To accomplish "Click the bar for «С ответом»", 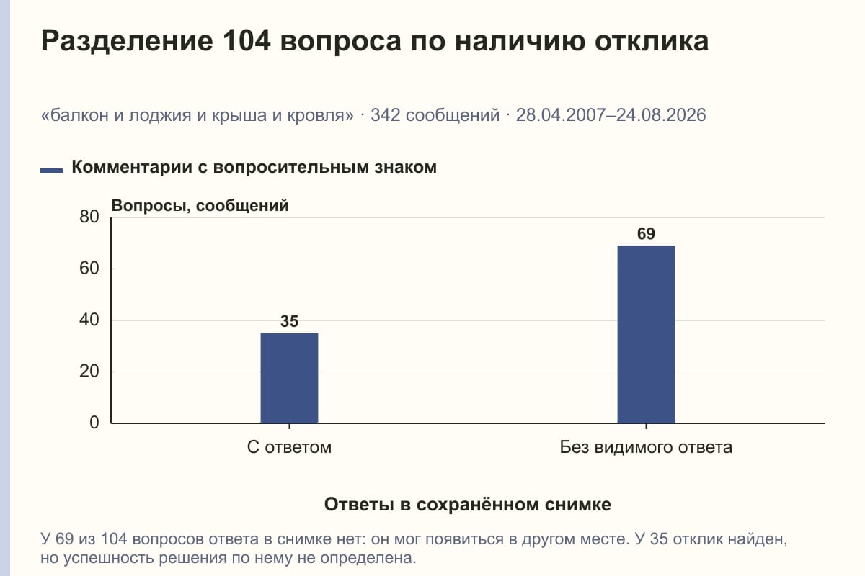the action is click(289, 378).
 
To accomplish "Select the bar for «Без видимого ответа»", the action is click(646, 335).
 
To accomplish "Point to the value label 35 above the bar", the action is click(289, 321).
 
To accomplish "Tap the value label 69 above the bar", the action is click(646, 234).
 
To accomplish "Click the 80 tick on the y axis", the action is click(89, 217).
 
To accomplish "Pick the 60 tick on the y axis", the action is click(89, 269).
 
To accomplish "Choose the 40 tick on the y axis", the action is click(89, 320).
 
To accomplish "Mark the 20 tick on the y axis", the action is click(89, 372).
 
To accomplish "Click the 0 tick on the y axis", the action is click(94, 423).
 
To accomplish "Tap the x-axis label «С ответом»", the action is click(289, 448).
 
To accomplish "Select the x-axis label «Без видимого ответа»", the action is click(646, 448).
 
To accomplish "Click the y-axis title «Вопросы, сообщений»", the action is click(200, 206).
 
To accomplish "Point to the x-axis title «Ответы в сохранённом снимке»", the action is click(468, 505).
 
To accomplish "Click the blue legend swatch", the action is click(51, 171).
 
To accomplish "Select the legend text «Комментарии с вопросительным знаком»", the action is click(254, 168).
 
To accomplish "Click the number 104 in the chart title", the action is click(247, 40).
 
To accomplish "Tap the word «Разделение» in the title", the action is click(127, 42).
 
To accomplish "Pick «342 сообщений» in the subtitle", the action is click(435, 115).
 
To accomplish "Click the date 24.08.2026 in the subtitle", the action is click(661, 115).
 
